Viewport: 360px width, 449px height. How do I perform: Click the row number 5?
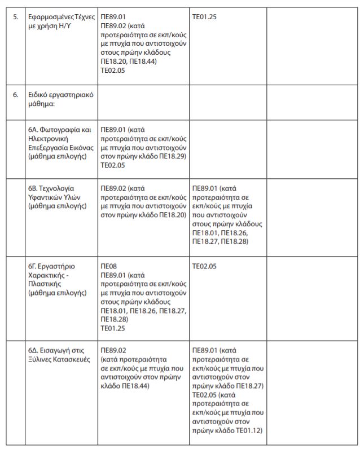tap(16, 16)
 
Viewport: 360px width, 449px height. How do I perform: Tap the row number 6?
tap(16, 94)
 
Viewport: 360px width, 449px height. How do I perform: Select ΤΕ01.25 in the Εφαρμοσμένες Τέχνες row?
tap(205, 16)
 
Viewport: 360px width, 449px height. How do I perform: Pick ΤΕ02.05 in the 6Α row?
tap(113, 165)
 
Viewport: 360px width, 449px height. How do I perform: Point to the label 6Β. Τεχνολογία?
tap(51, 188)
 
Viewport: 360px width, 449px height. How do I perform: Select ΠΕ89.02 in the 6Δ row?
tap(113, 350)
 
